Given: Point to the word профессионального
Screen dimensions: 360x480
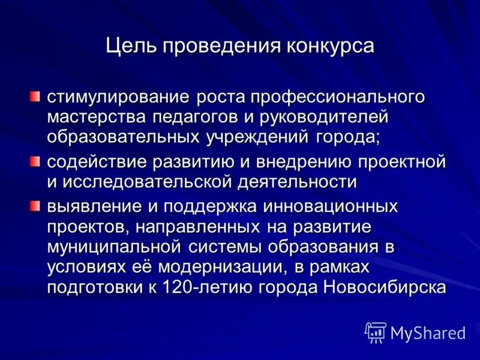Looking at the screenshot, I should pyautogui.click(x=338, y=97).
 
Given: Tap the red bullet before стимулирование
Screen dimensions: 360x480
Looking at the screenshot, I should pyautogui.click(x=36, y=97).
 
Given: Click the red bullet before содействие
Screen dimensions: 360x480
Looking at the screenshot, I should pyautogui.click(x=36, y=161).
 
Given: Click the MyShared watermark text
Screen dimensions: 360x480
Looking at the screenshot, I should pyautogui.click(x=428, y=332).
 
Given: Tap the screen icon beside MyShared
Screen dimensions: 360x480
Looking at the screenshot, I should pyautogui.click(x=375, y=332).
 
